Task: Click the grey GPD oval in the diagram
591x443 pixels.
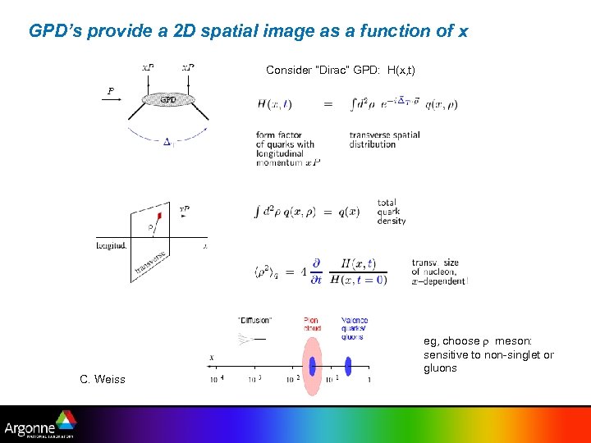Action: (x=168, y=99)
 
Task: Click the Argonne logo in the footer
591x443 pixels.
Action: (x=40, y=426)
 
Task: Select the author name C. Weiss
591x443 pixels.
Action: (x=103, y=379)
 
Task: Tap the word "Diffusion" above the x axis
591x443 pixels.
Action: (x=254, y=320)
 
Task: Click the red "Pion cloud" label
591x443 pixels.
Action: (x=311, y=324)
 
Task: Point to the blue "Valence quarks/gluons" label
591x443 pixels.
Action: (x=354, y=328)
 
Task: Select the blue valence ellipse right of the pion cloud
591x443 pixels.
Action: (x=348, y=366)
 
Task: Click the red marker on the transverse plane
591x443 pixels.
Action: (x=159, y=216)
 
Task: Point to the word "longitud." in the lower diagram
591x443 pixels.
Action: (x=111, y=244)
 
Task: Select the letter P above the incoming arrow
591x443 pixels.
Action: (x=111, y=91)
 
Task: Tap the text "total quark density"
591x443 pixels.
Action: (x=392, y=212)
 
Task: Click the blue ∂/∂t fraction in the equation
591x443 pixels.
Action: (x=316, y=273)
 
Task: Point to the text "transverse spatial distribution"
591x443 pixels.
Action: (x=384, y=139)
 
